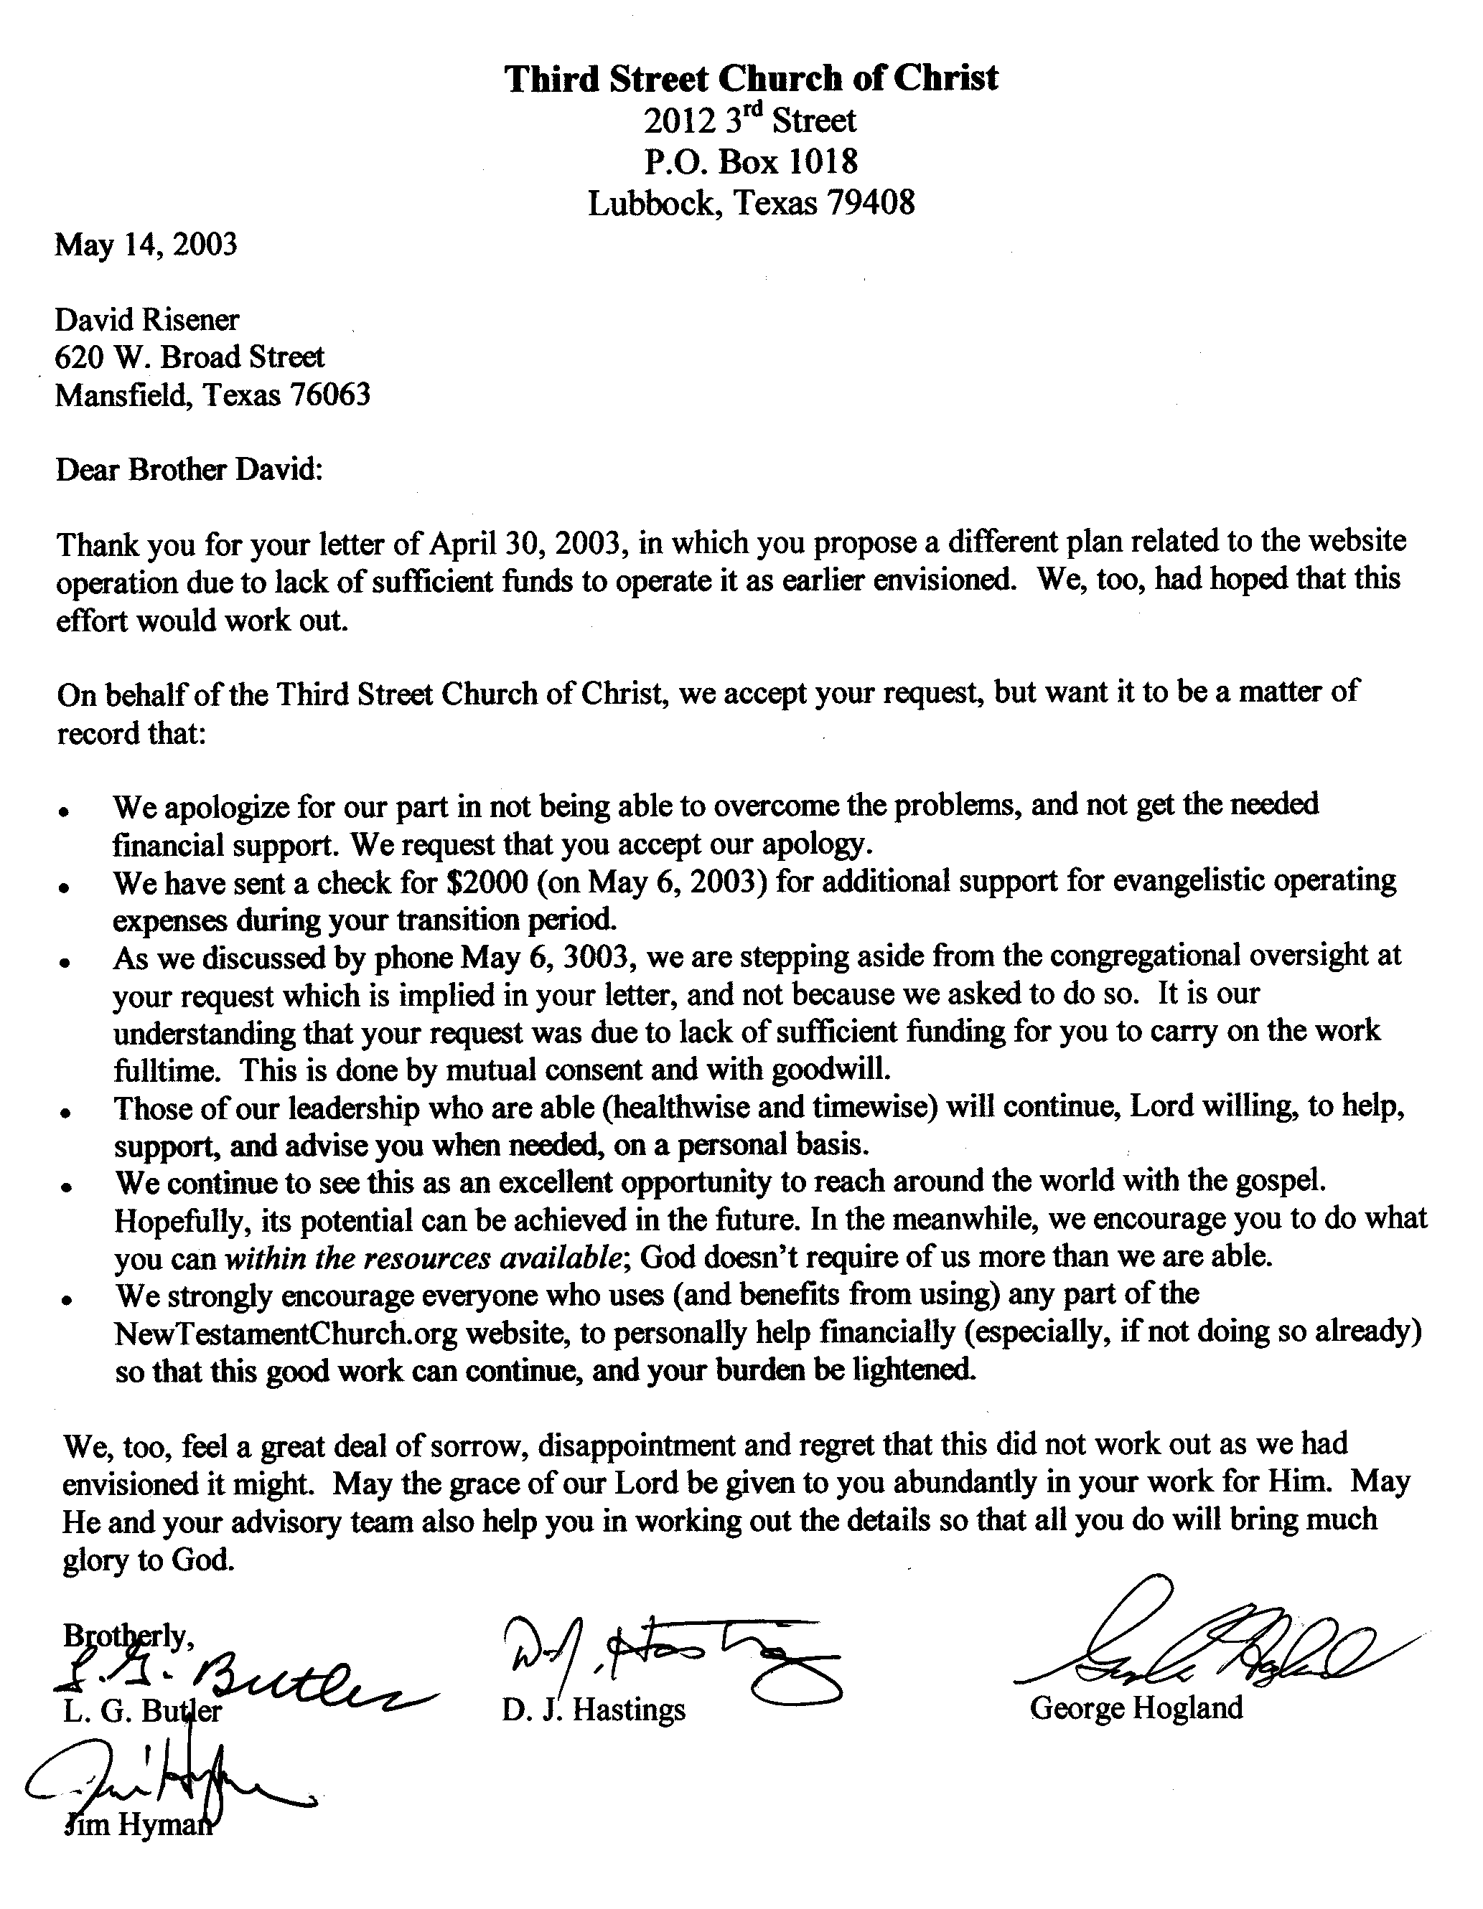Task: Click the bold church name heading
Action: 750,79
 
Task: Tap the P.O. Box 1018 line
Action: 750,161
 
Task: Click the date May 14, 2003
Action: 146,244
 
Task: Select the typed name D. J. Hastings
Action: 594,1710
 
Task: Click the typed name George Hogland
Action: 1136,1707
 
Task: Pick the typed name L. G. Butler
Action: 143,1710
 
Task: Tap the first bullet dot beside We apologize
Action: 65,812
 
